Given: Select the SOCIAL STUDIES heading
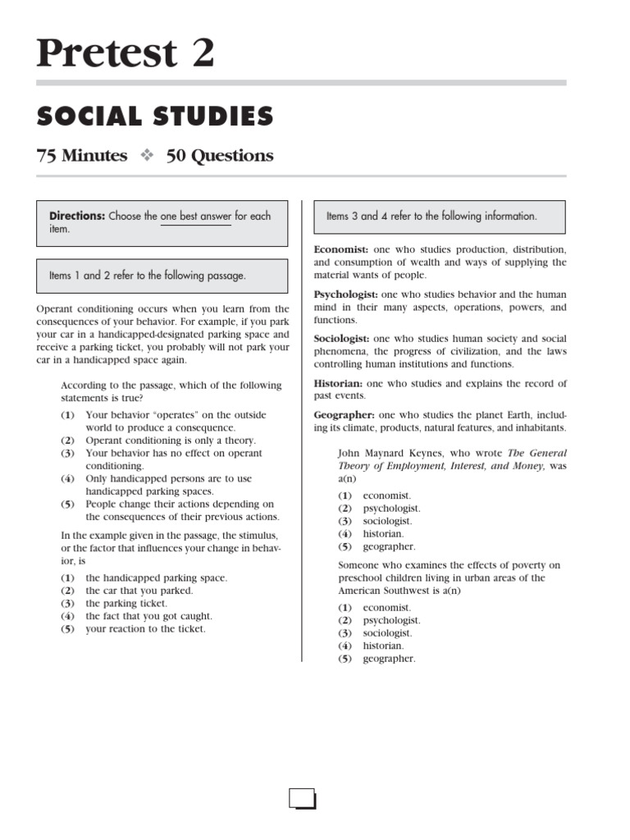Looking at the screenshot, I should pyautogui.click(x=155, y=116).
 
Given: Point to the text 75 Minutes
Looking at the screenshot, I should pyautogui.click(x=82, y=155).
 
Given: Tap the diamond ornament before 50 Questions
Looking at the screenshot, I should pyautogui.click(x=147, y=156).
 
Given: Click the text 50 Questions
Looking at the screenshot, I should pyautogui.click(x=220, y=155).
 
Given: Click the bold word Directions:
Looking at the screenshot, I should pyautogui.click(x=77, y=217).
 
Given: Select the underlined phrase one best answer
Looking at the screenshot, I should pyautogui.click(x=196, y=217).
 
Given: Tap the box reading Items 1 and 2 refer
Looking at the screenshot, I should pyautogui.click(x=162, y=276).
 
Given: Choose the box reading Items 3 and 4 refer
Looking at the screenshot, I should pyautogui.click(x=440, y=217).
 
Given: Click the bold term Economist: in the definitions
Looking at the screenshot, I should pyautogui.click(x=341, y=249).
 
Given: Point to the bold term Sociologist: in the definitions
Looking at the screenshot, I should pyautogui.click(x=342, y=339).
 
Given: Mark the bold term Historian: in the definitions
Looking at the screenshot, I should pyautogui.click(x=338, y=383).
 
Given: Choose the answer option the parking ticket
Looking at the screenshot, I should pyautogui.click(x=127, y=603).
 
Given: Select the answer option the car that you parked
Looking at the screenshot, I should pyautogui.click(x=139, y=591).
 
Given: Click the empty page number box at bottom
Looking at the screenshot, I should pyautogui.click(x=303, y=798).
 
